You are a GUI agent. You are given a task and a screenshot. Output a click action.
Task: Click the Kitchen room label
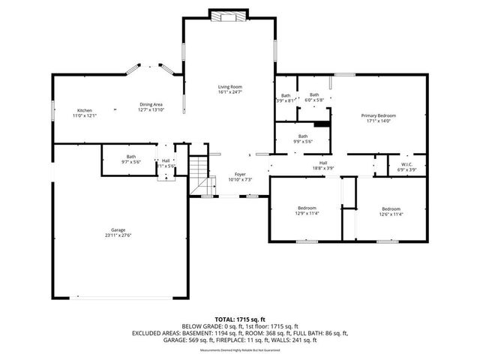[85, 112]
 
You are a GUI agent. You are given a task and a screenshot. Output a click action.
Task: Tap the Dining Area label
[151, 107]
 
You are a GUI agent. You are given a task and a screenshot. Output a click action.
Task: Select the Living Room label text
[230, 90]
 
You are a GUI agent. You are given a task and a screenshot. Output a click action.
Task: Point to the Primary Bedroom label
[378, 118]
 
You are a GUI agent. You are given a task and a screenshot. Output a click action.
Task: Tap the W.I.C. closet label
[406, 167]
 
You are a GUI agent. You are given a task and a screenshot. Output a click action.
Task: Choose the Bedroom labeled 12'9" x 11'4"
[307, 211]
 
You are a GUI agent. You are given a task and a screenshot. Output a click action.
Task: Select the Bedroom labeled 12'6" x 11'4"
[391, 211]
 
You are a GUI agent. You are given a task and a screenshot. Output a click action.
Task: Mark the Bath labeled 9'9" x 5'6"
[302, 139]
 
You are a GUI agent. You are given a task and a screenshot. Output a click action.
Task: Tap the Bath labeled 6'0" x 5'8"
[313, 97]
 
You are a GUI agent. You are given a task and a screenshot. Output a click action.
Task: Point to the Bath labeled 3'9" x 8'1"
[286, 97]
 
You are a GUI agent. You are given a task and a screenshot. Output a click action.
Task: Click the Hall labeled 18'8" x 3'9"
[323, 166]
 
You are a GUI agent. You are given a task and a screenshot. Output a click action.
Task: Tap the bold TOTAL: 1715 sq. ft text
[239, 319]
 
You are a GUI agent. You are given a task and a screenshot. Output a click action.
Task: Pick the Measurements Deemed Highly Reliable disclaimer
[240, 349]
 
